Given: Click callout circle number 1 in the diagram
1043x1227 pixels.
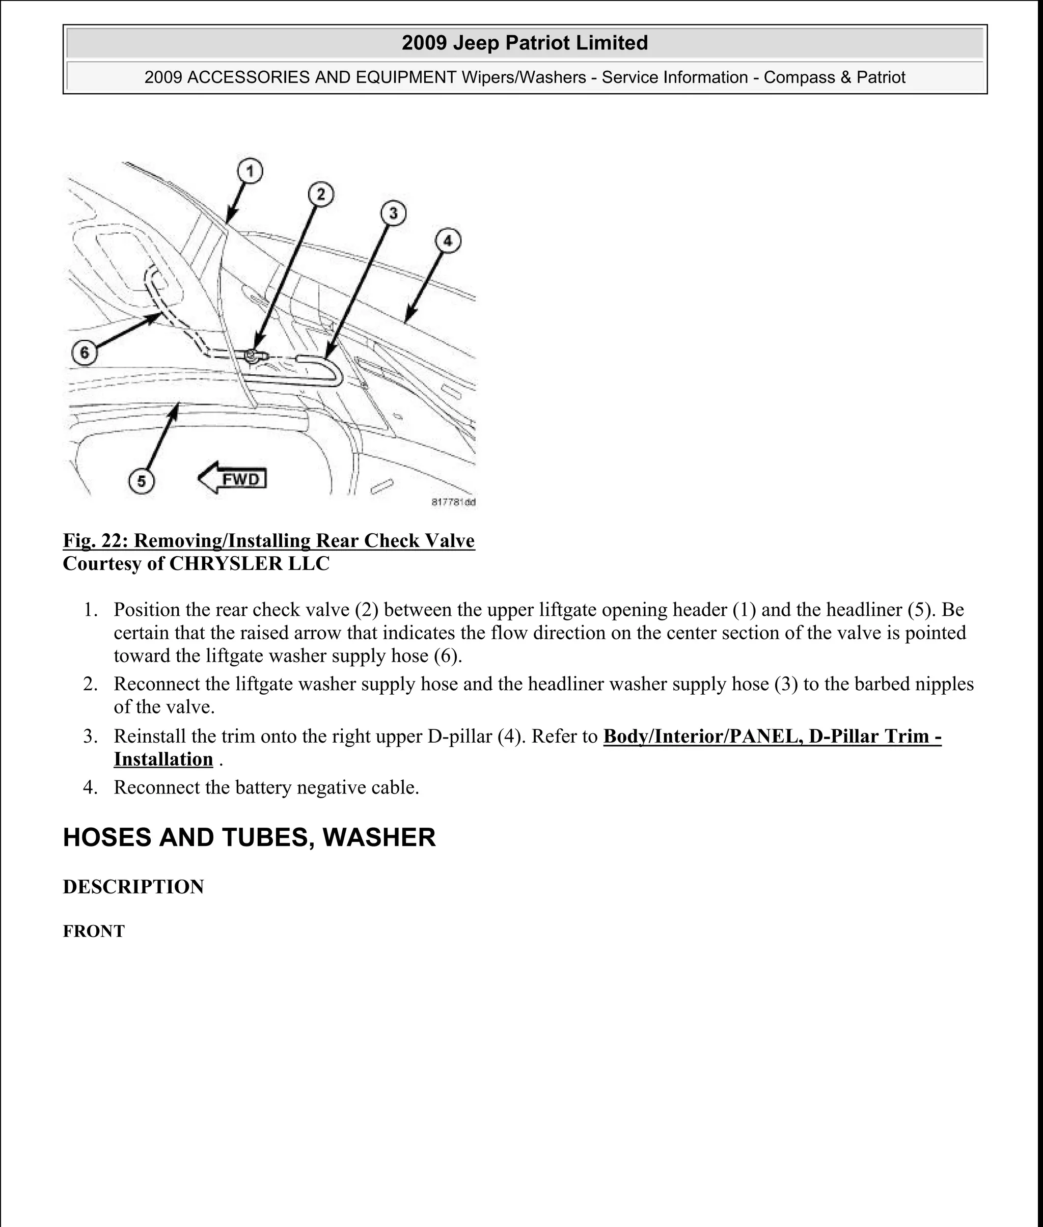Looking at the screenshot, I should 250,172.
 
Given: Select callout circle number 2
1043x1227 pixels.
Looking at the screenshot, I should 320,194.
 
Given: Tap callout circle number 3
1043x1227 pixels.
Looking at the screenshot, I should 393,213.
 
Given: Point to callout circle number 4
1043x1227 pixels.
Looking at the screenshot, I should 448,241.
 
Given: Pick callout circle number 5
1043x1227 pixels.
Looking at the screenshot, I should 141,481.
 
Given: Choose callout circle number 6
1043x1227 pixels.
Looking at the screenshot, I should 85,353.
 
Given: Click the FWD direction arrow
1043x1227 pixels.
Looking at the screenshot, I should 233,478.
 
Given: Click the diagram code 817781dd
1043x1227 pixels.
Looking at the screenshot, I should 453,503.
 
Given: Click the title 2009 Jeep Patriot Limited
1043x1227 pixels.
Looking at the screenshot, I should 525,43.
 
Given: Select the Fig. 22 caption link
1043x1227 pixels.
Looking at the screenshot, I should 268,540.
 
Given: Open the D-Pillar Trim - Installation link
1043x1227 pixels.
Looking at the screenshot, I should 772,736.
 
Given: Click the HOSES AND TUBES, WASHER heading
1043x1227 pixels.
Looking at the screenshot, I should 249,837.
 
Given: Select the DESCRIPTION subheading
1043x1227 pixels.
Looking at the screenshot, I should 133,887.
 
